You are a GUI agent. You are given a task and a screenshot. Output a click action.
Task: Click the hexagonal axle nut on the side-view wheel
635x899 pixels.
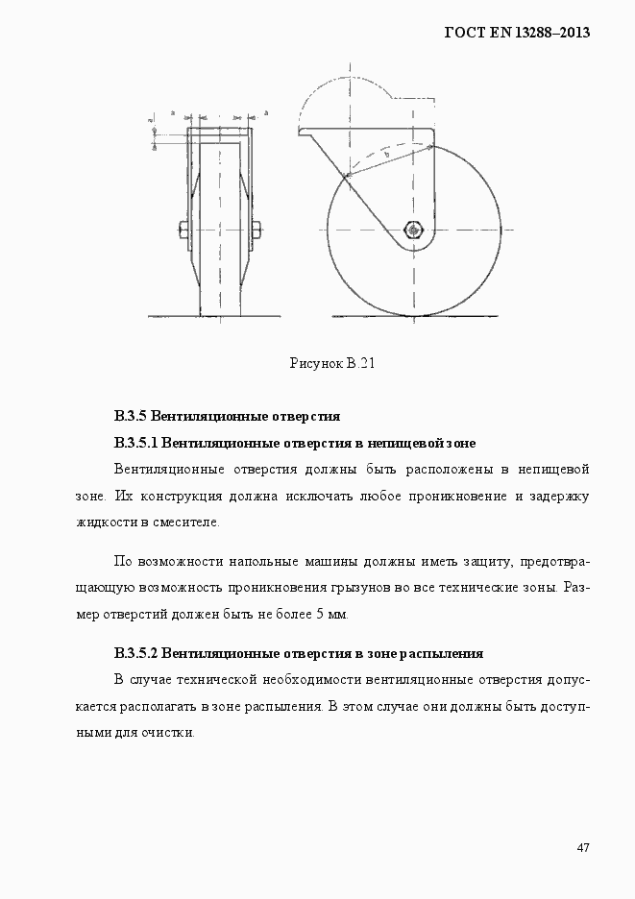click(x=413, y=231)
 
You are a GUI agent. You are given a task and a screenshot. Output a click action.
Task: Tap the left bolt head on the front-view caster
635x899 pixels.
click(x=183, y=230)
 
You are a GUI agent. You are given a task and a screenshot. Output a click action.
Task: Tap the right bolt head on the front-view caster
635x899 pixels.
click(x=257, y=230)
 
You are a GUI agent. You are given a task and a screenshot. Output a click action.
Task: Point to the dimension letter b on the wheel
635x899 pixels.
click(x=385, y=154)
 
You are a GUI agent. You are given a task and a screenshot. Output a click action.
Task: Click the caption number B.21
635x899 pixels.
click(x=360, y=363)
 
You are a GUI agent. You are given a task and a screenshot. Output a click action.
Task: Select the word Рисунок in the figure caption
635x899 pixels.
click(x=316, y=363)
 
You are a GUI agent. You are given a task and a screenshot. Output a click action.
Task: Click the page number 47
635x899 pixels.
click(x=582, y=847)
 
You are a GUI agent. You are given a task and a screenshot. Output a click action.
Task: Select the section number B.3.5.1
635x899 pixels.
click(x=134, y=443)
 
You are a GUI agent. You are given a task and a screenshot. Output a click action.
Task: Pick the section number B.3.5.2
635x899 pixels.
click(x=134, y=654)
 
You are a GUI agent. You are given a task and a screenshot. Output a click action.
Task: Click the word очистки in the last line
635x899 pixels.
click(x=170, y=733)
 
